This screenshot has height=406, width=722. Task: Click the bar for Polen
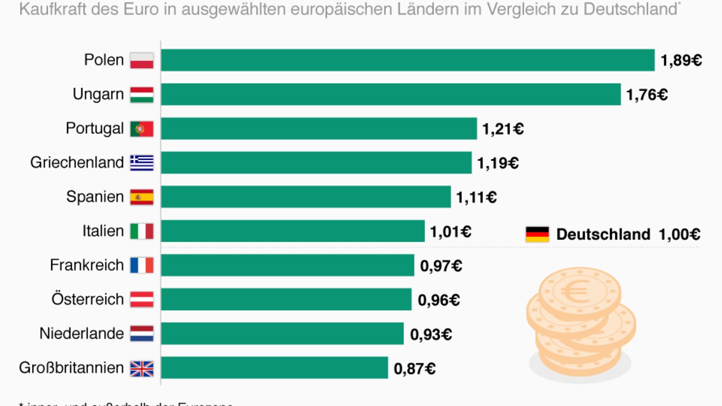tap(408, 60)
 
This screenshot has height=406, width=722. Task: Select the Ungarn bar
tap(391, 94)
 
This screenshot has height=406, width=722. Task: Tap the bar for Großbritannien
tap(274, 367)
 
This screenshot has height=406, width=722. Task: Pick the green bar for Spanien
tap(306, 196)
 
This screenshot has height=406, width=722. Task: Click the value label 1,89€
tap(681, 61)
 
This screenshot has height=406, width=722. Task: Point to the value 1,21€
tap(503, 129)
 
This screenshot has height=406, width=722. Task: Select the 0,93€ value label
tap(431, 334)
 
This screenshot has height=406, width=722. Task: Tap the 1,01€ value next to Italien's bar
tap(450, 232)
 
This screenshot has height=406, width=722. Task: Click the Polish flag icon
tap(142, 61)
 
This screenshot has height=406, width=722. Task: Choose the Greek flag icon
tap(142, 163)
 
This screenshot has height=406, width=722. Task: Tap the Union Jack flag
tap(142, 368)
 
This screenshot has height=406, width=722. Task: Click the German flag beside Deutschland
tap(537, 234)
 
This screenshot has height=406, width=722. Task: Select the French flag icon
tap(142, 265)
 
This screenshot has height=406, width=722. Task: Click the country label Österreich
tap(87, 299)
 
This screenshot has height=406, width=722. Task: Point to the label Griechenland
tap(77, 162)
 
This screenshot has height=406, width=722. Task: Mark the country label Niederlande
tap(81, 333)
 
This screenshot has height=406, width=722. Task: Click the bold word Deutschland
tap(603, 234)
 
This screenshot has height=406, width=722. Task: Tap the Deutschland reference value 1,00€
tap(680, 234)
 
